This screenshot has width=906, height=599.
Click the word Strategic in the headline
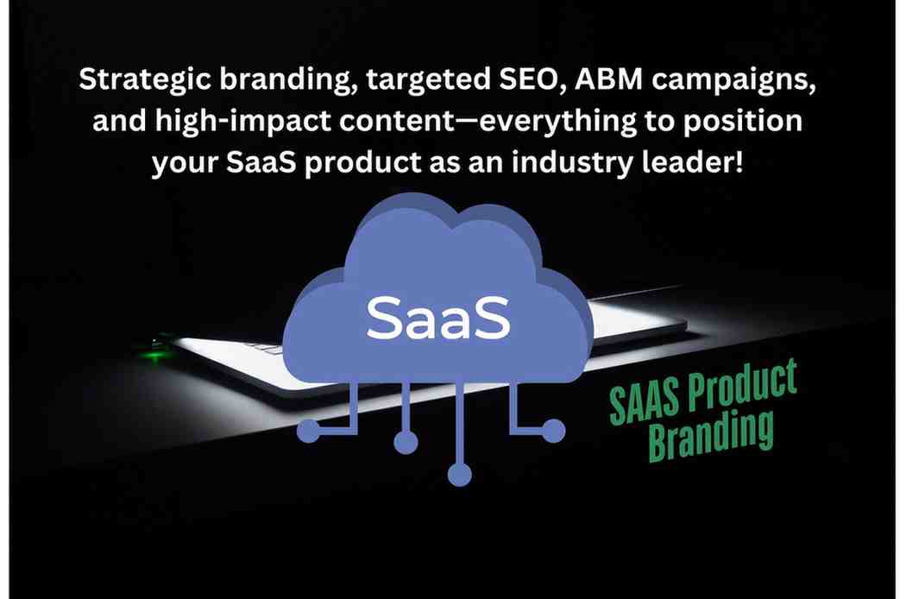[145, 79]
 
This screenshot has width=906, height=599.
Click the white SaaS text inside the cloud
[438, 318]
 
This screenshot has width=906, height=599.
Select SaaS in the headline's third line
[261, 163]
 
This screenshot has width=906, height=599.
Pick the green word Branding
[711, 434]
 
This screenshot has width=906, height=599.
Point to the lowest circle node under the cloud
[460, 475]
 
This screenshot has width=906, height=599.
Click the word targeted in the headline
[428, 80]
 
